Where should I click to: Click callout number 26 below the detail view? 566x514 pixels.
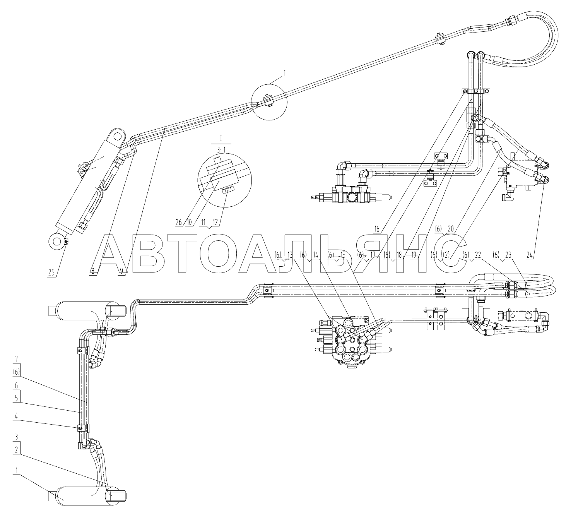[x=178, y=222]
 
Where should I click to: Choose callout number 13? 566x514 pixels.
[x=290, y=255]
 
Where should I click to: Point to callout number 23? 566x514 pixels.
[x=508, y=255]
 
